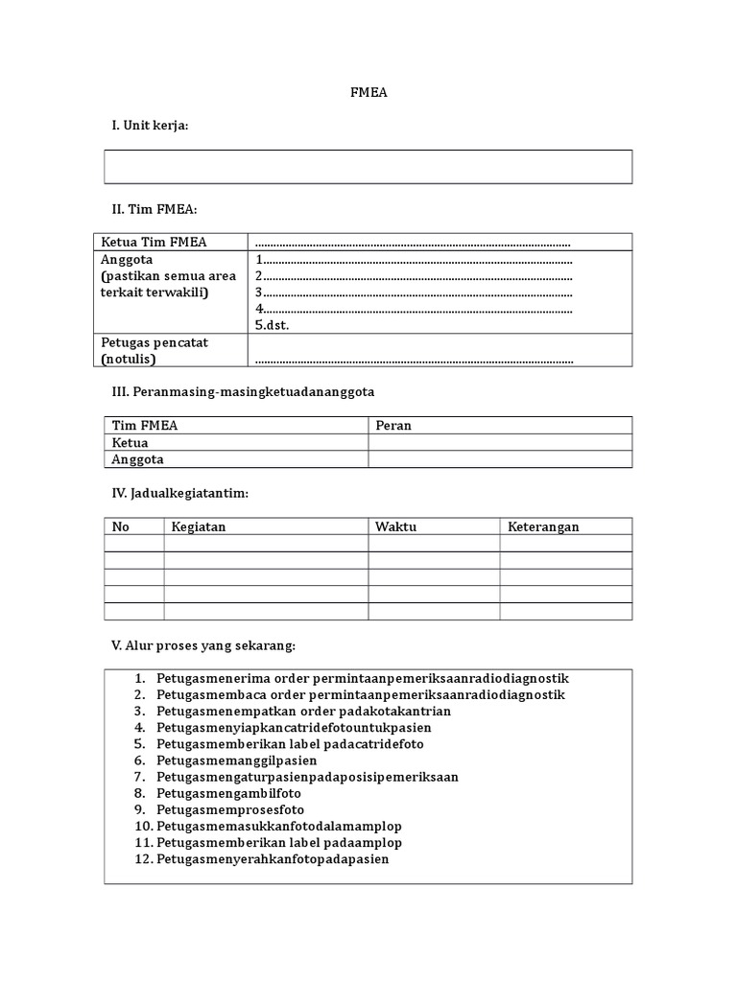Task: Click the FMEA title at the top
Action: point(368,93)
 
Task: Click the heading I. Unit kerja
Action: point(150,126)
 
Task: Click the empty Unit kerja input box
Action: point(368,167)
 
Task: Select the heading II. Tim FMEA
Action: point(155,209)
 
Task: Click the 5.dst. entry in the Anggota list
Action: point(273,325)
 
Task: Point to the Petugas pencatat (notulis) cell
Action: point(155,350)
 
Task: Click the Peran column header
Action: point(393,425)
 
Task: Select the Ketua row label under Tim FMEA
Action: point(131,442)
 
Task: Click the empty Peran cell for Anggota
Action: point(499,459)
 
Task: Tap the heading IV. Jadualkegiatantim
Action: point(180,493)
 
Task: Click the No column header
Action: point(121,526)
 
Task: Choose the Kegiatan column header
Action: point(199,526)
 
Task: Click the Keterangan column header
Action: point(543,526)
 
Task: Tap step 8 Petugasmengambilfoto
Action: point(228,793)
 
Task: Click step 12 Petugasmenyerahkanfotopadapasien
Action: point(273,859)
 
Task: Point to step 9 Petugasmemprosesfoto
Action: point(230,809)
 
